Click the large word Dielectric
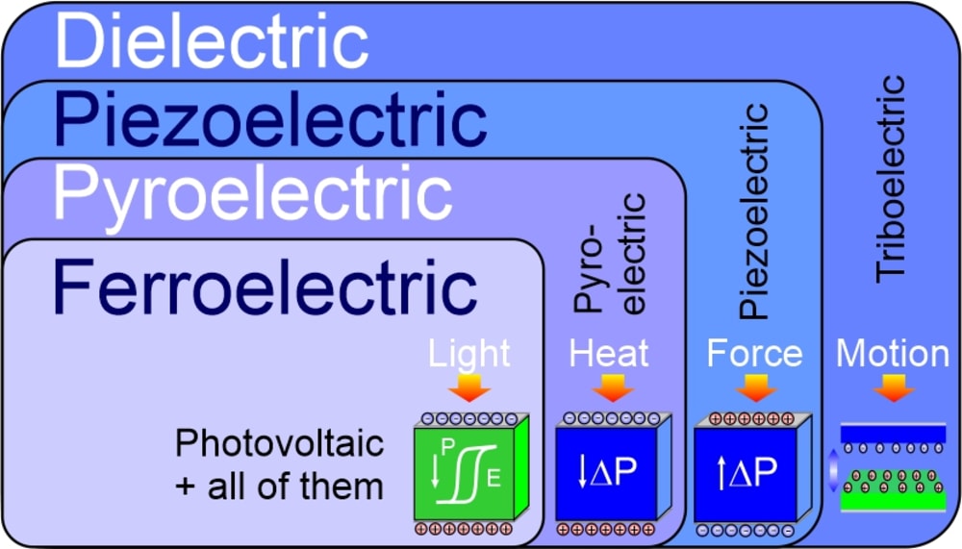(x=212, y=42)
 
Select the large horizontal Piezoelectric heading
(x=269, y=121)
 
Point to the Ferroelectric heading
(x=265, y=285)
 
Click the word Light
(x=470, y=353)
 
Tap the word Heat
(x=609, y=353)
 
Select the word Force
(x=754, y=353)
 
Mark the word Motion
(x=892, y=353)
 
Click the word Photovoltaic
(x=279, y=444)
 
